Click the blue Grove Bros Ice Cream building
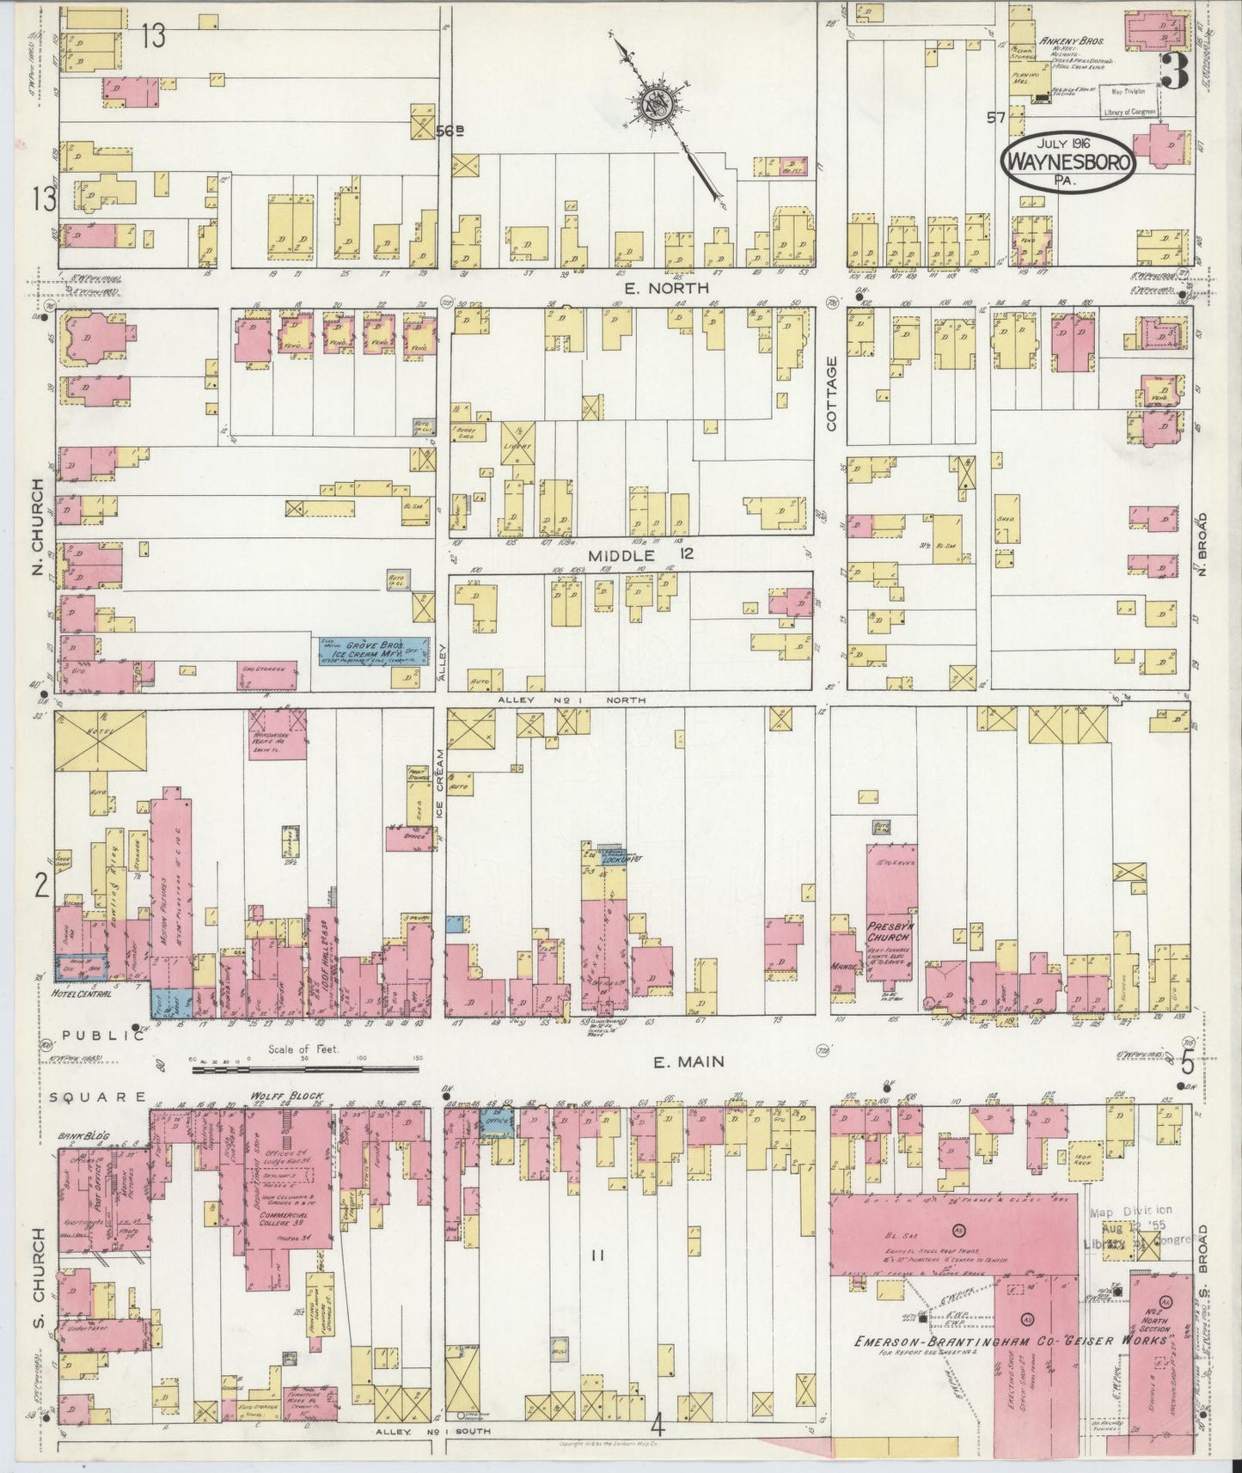[374, 651]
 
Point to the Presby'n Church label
[888, 932]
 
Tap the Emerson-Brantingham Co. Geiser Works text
[1009, 1341]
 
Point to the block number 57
[996, 119]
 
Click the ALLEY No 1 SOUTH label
[432, 1432]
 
